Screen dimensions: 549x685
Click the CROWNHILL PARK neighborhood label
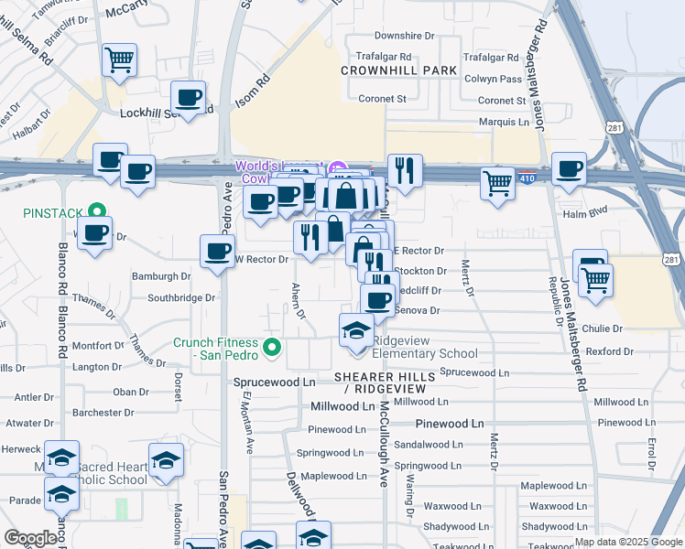click(398, 70)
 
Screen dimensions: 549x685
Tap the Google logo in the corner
click(30, 538)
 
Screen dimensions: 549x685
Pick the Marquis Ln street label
click(504, 122)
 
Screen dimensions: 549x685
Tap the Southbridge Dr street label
click(181, 297)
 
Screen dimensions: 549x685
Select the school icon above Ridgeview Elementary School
click(356, 331)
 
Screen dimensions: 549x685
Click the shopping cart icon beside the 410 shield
click(497, 181)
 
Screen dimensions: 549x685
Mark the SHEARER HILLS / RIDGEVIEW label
click(379, 383)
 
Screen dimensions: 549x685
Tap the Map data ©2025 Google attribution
click(628, 542)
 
